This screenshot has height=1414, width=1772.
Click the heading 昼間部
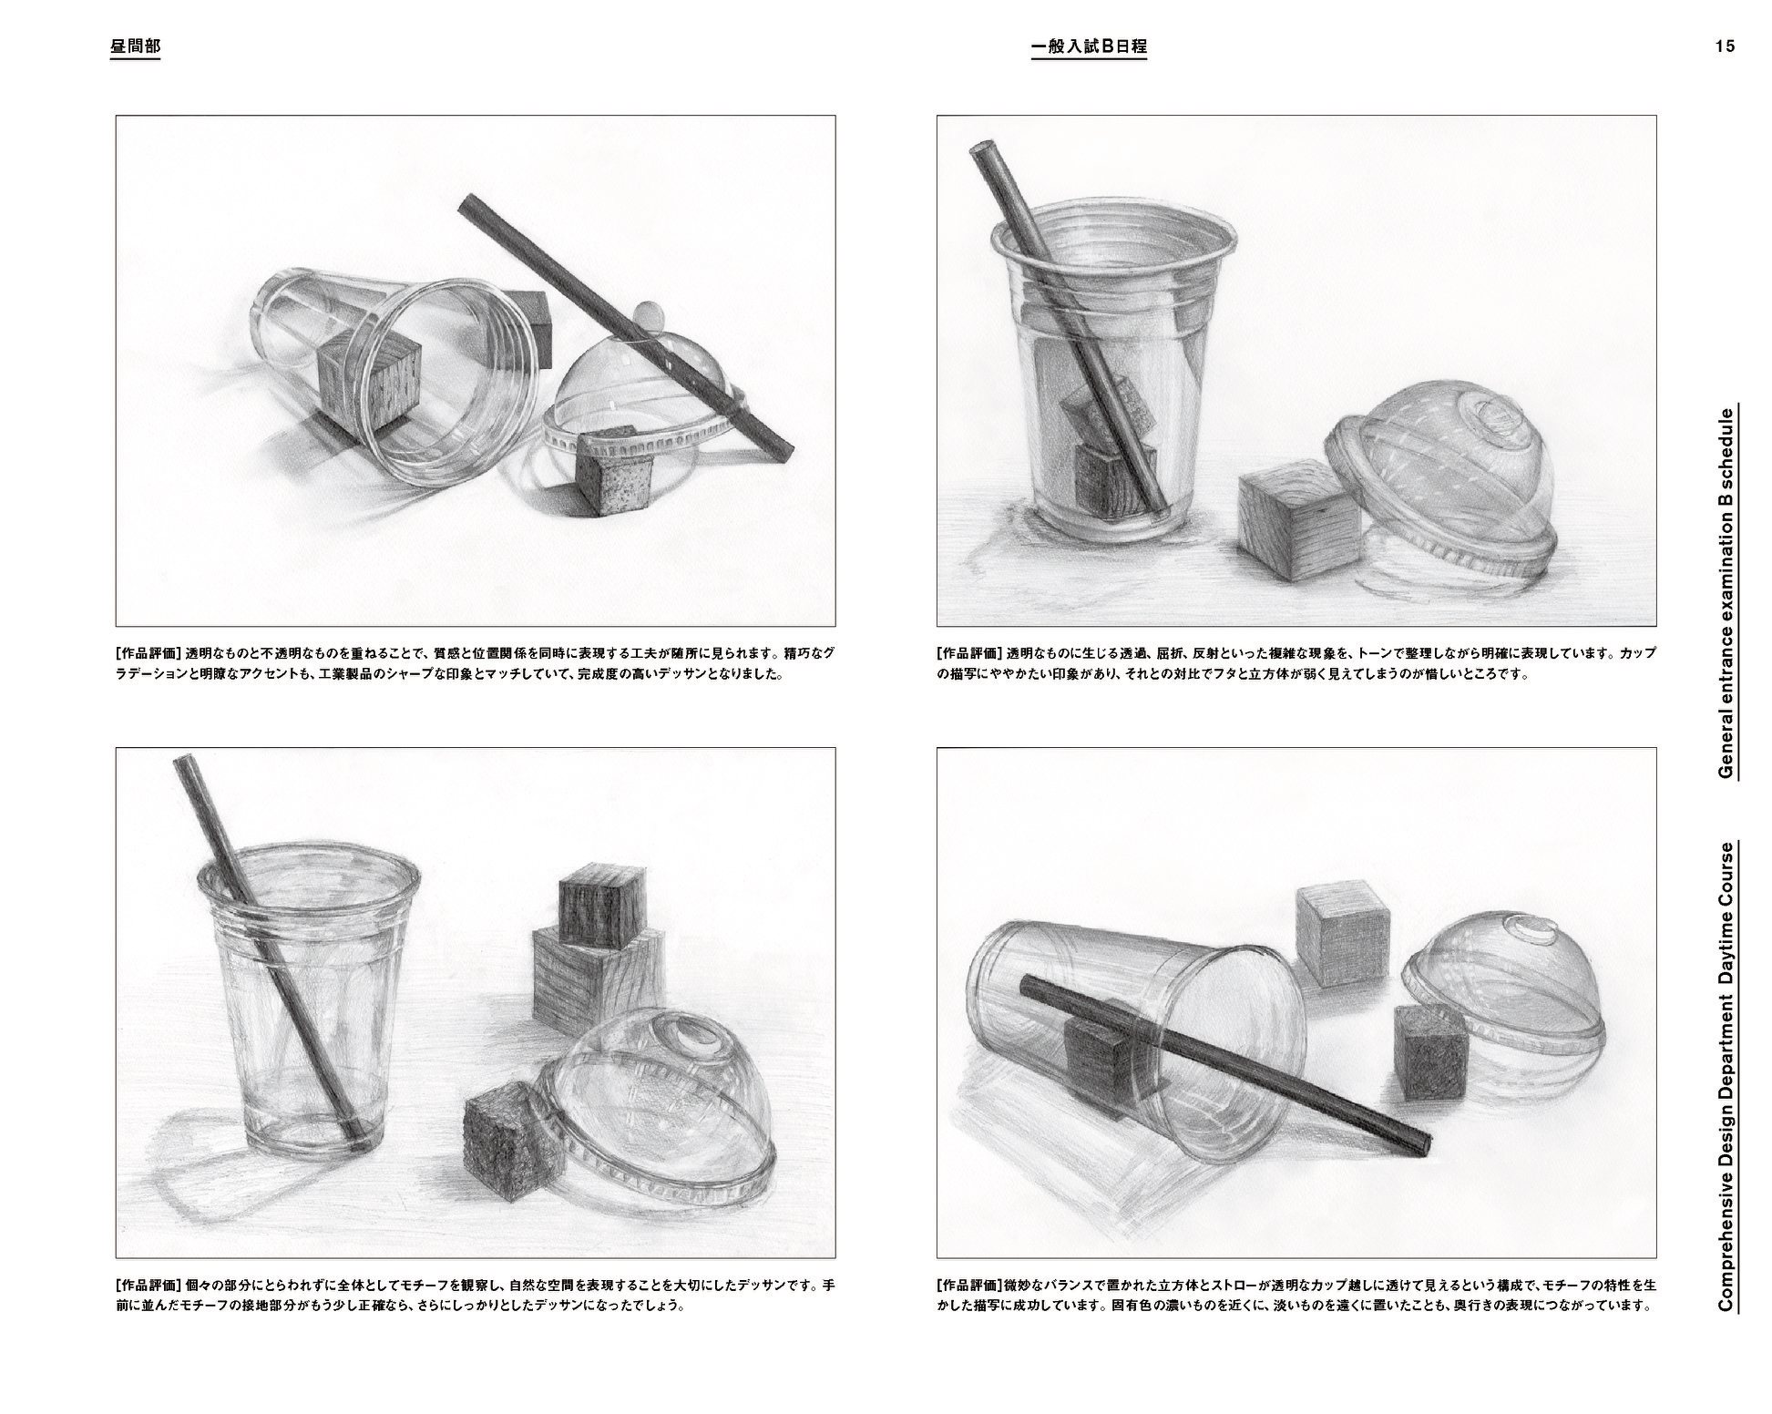135,46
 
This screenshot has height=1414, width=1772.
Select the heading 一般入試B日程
1089,46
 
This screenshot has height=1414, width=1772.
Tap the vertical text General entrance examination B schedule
1725,592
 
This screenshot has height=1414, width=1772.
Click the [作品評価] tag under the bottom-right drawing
969,1286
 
